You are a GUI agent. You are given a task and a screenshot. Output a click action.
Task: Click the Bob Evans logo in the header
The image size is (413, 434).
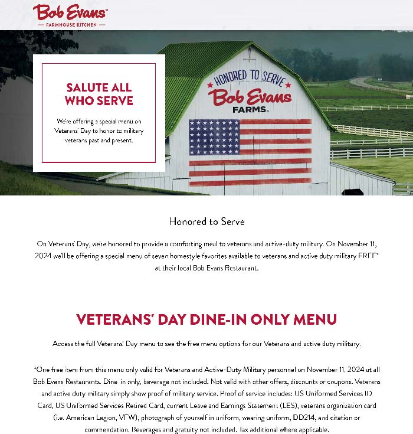(70, 13)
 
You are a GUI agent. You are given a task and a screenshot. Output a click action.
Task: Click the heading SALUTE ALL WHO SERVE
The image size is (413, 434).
(99, 94)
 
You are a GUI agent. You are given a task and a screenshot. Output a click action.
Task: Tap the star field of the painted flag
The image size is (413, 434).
(214, 136)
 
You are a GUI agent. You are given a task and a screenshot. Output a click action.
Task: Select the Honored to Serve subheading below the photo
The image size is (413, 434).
(206, 221)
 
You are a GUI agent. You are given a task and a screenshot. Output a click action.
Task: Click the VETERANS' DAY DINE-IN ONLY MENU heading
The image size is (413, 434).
(206, 319)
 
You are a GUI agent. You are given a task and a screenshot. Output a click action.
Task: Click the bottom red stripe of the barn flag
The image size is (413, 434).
(250, 182)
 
